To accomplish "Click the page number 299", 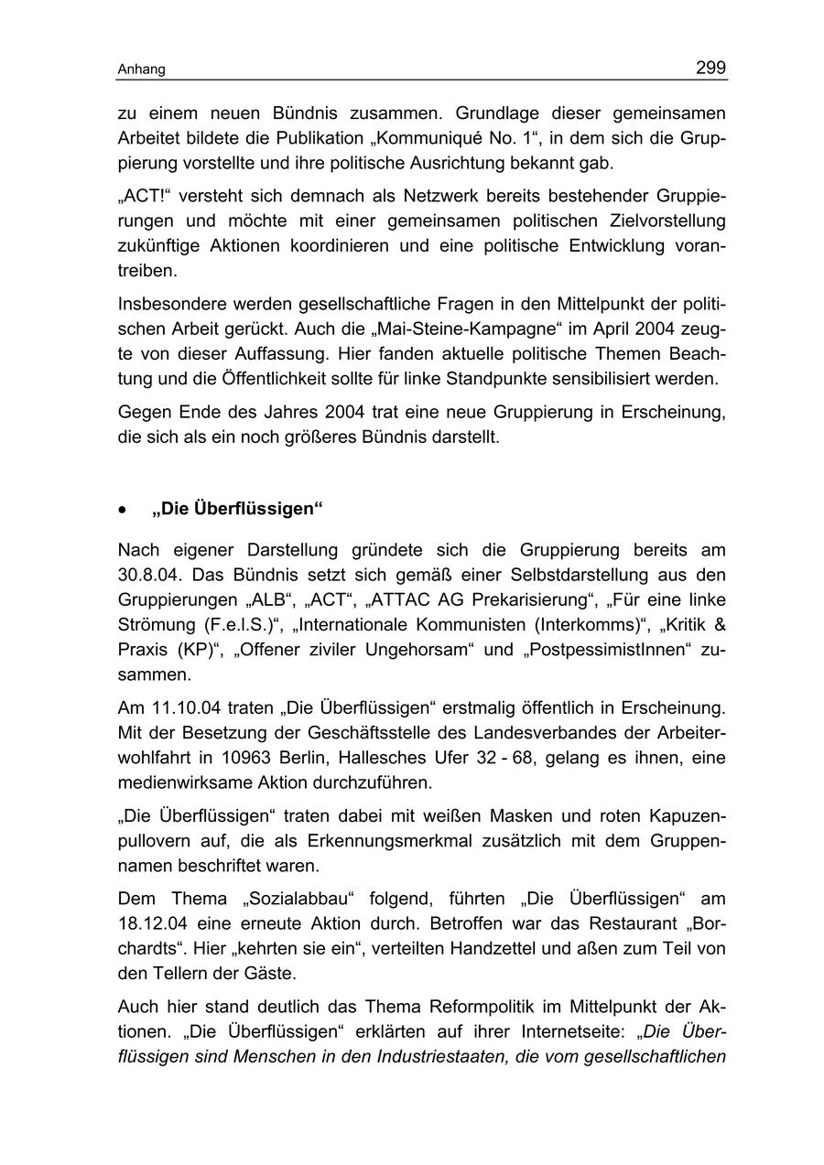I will (x=710, y=68).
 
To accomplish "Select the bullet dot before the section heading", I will (x=123, y=510).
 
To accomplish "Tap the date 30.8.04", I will (x=148, y=575).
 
